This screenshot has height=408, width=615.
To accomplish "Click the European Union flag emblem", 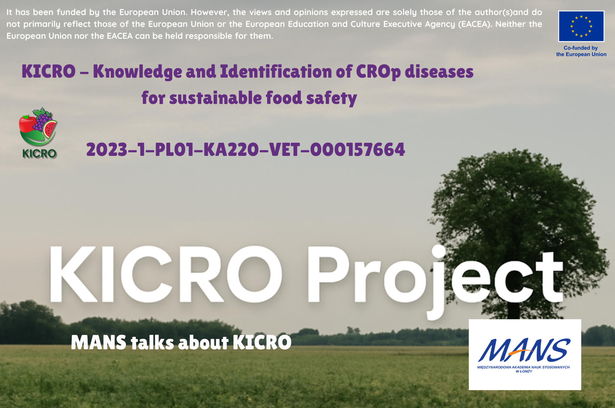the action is tap(581, 26).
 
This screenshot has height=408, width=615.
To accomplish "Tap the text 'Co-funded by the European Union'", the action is tap(581, 51).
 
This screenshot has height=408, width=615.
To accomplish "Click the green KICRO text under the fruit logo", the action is tap(39, 154).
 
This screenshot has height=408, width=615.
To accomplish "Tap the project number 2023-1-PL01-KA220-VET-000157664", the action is tap(245, 149).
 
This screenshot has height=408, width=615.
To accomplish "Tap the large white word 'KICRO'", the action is tap(166, 274).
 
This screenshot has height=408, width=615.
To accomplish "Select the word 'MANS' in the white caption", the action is tap(99, 342).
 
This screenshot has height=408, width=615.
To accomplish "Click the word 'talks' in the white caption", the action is tap(152, 342).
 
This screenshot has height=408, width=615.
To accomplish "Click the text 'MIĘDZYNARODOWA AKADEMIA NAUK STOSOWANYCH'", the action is tap(523, 367).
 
